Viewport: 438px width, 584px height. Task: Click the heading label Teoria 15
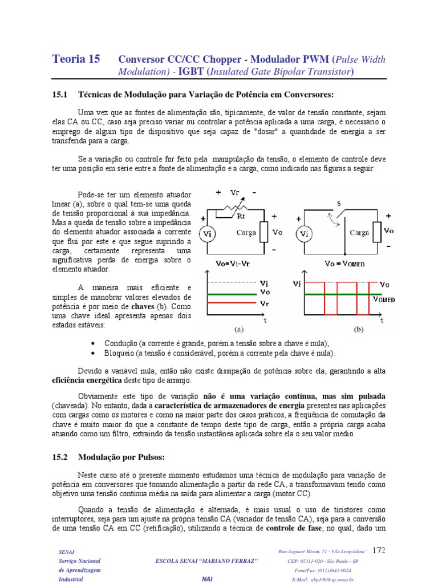76,59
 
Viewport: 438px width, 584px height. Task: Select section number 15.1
59,94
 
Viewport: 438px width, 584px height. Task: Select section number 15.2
59,457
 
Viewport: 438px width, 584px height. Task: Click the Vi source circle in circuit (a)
206,233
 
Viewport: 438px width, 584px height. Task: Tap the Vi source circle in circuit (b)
305,233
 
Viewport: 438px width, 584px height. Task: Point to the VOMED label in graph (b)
384,299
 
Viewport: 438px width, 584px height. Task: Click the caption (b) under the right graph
359,329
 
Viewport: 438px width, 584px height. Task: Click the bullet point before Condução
94,343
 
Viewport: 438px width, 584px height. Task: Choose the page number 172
379,550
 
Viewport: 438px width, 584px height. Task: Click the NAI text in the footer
207,579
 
